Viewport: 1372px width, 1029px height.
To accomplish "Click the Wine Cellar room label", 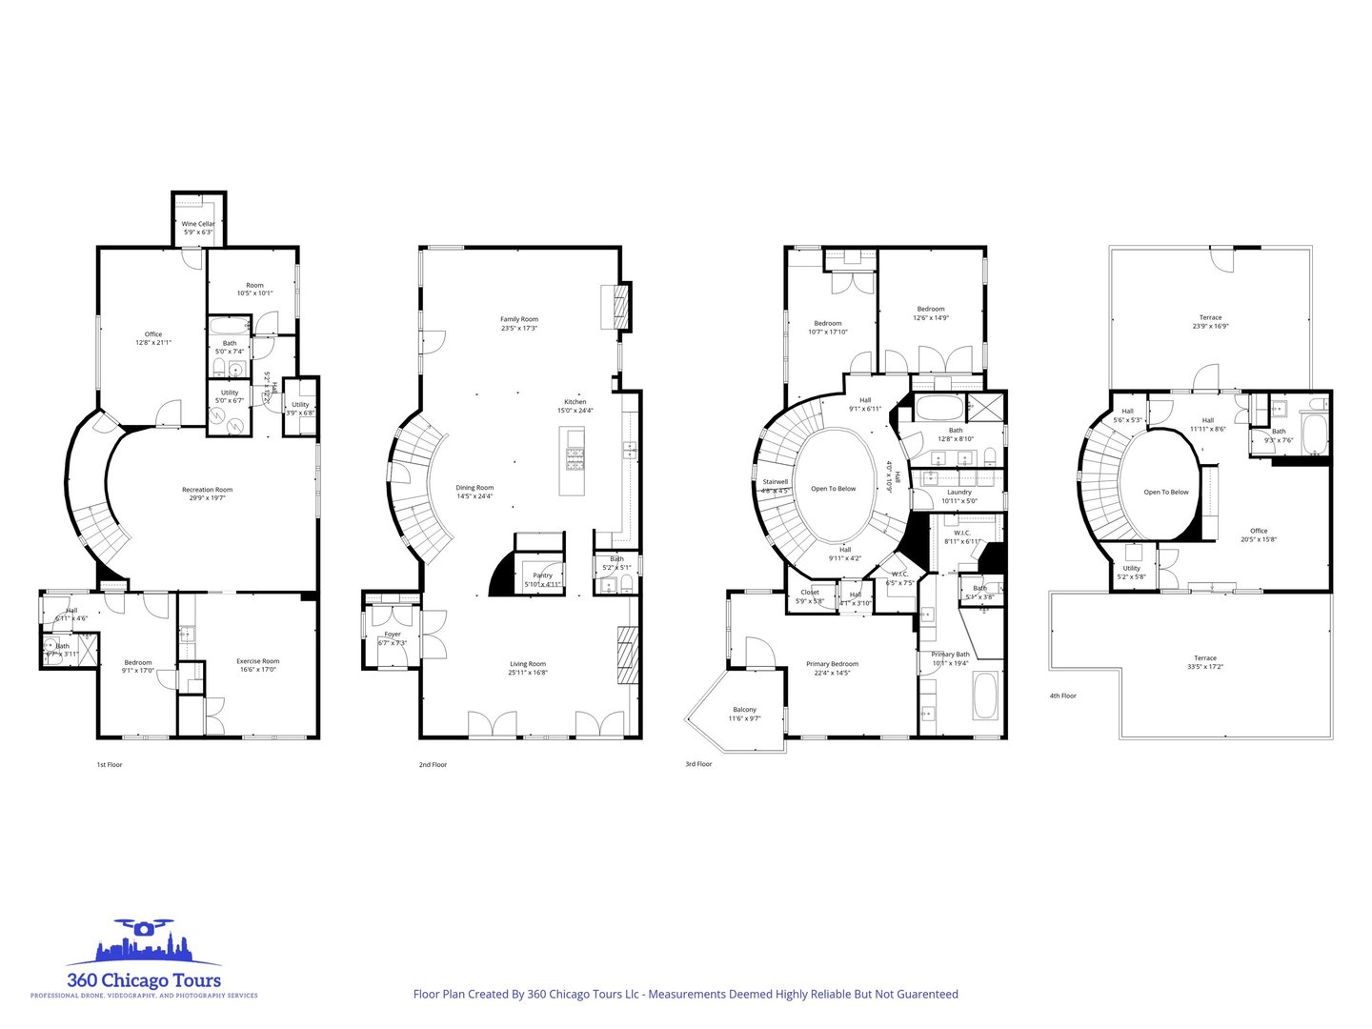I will click(198, 224).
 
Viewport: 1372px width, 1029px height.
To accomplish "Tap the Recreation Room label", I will click(207, 490).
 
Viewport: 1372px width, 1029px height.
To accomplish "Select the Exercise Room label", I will click(257, 661).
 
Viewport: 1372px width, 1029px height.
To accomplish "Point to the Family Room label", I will click(519, 319).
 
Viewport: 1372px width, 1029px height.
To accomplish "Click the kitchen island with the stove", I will click(575, 461).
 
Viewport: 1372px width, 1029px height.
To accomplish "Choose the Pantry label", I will click(542, 575).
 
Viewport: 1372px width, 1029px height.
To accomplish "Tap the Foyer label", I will click(393, 635).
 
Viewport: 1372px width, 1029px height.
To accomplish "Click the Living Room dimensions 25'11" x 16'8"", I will click(527, 673).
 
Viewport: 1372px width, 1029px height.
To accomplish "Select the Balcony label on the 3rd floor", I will click(745, 709).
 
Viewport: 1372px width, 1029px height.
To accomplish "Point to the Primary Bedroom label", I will click(832, 664).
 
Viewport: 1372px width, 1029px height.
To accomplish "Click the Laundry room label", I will click(959, 492).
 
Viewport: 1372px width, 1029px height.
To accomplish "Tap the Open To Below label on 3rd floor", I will click(833, 489).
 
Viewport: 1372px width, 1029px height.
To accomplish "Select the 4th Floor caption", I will click(1062, 696).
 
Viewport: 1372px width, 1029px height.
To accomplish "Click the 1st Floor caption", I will click(110, 764).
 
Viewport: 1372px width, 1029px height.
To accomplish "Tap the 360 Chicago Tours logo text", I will click(143, 979).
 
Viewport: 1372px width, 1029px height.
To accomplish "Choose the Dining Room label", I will click(474, 488).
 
